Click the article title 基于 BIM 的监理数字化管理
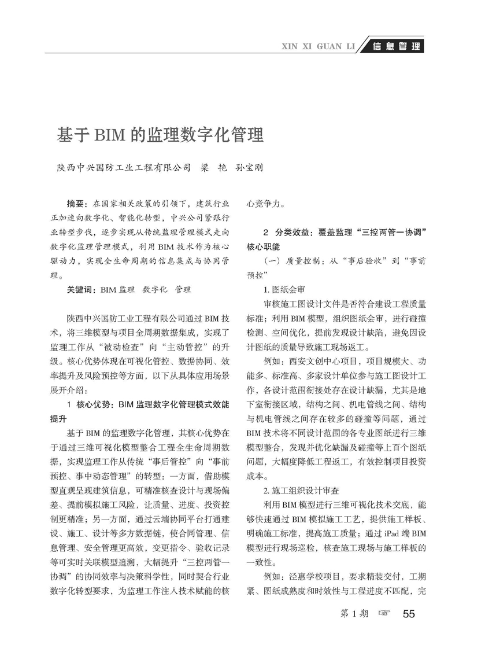(160, 135)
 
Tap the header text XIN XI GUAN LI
(317, 46)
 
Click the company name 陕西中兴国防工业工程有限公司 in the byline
(123, 168)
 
